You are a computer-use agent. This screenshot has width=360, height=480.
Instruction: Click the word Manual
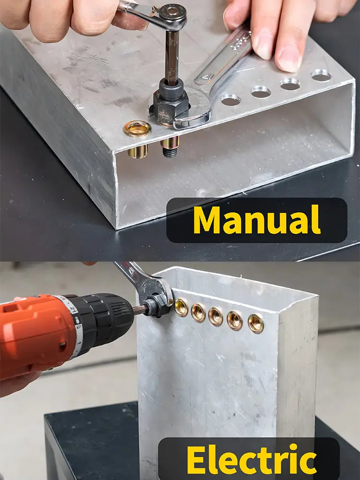[257, 220]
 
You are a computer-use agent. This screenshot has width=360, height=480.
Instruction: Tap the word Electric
[252, 459]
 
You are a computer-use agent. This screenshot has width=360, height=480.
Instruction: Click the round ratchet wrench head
[173, 13]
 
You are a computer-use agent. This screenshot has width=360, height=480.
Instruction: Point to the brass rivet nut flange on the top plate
[137, 129]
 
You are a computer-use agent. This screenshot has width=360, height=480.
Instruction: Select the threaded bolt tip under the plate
[169, 152]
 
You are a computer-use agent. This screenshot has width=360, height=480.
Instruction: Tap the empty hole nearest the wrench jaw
[231, 100]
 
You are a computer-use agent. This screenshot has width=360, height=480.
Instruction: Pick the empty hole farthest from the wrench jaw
[321, 75]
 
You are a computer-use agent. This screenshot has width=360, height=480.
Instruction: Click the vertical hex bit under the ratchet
[172, 57]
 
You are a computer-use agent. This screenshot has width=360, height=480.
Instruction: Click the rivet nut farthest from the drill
[256, 323]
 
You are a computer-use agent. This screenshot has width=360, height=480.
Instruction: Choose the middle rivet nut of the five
[216, 316]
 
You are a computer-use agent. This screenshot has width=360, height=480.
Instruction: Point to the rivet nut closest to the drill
[181, 307]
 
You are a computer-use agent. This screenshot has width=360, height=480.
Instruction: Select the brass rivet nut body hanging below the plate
[138, 151]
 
